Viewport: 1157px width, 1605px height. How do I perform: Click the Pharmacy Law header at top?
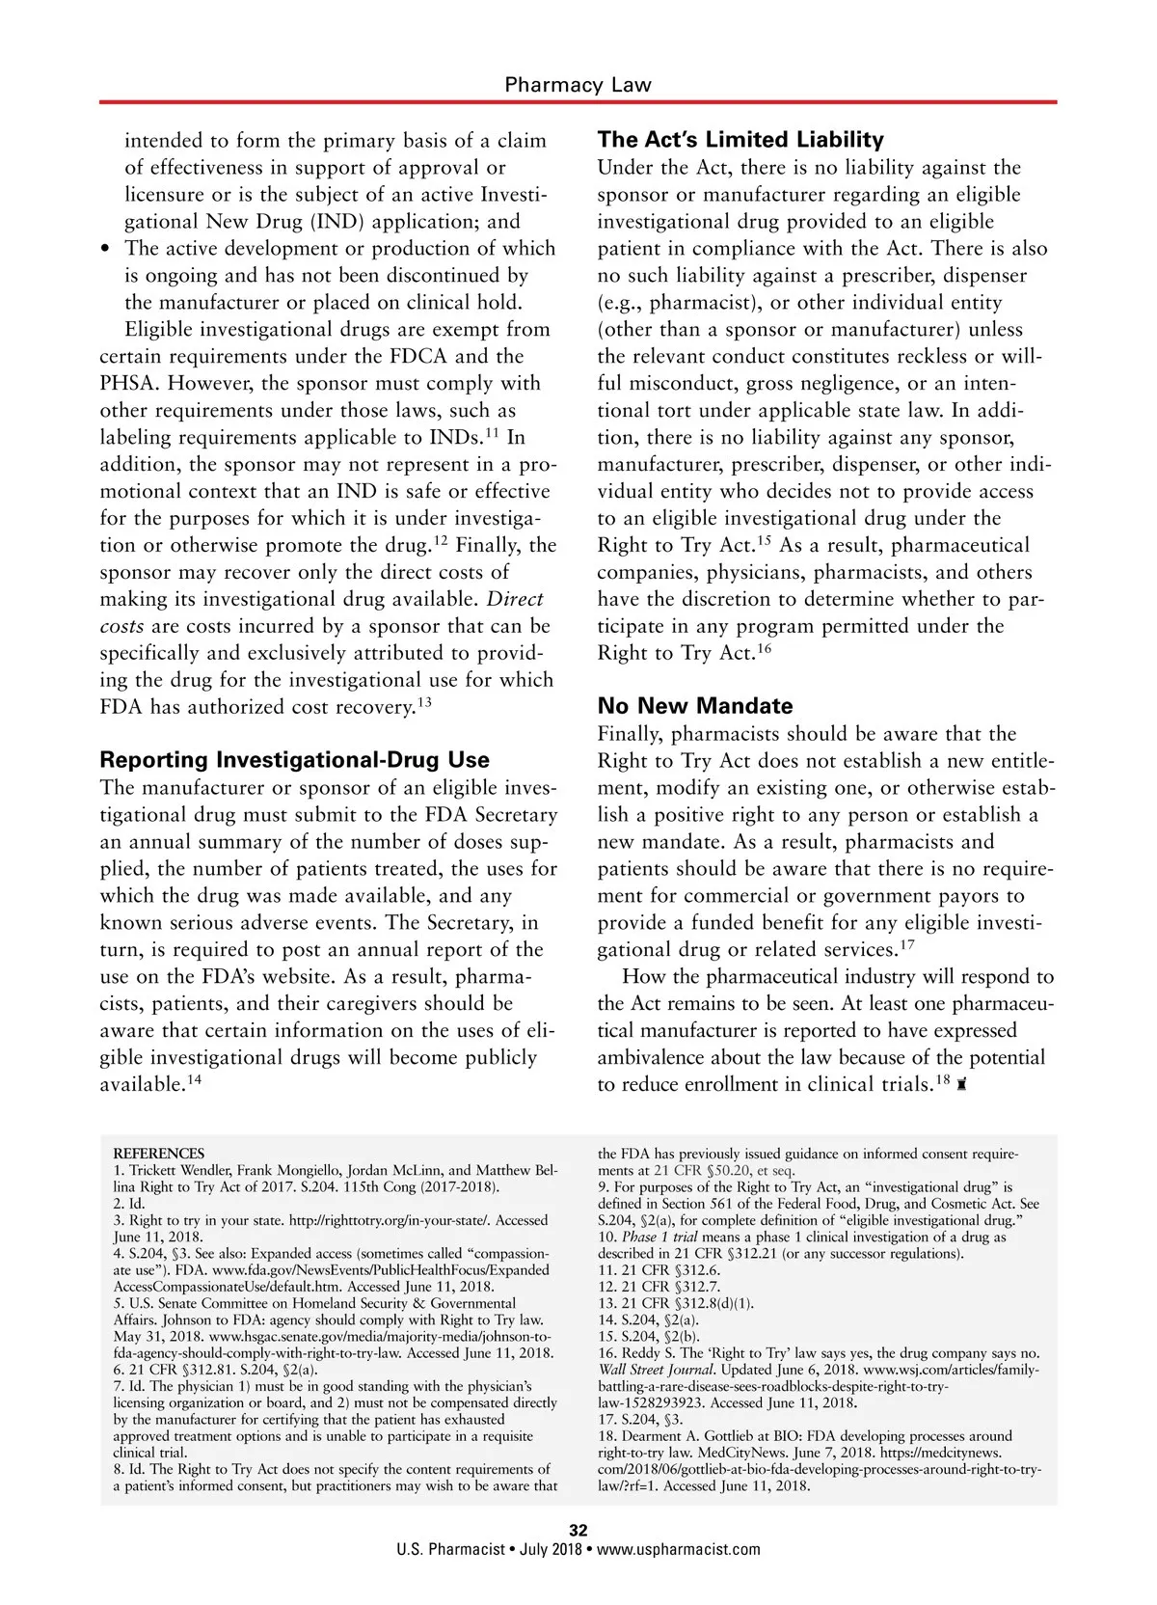click(578, 85)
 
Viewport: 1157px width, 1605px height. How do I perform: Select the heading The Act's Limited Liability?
click(740, 140)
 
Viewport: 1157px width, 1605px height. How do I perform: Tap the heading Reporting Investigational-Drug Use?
click(294, 759)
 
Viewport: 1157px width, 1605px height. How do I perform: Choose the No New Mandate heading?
click(695, 705)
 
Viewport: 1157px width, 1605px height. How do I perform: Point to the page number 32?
click(578, 1530)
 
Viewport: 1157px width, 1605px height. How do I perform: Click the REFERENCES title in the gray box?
click(159, 1154)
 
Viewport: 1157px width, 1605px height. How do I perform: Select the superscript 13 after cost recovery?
click(424, 703)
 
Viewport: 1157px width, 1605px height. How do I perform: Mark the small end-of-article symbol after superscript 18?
click(962, 1085)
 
